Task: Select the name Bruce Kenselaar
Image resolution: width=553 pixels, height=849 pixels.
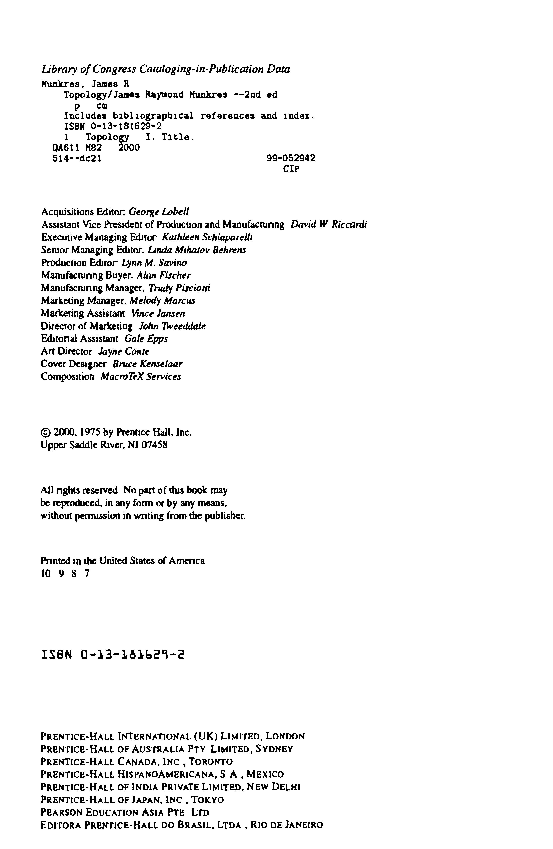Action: point(147,364)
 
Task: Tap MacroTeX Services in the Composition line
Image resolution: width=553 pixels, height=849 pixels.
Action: point(141,377)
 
